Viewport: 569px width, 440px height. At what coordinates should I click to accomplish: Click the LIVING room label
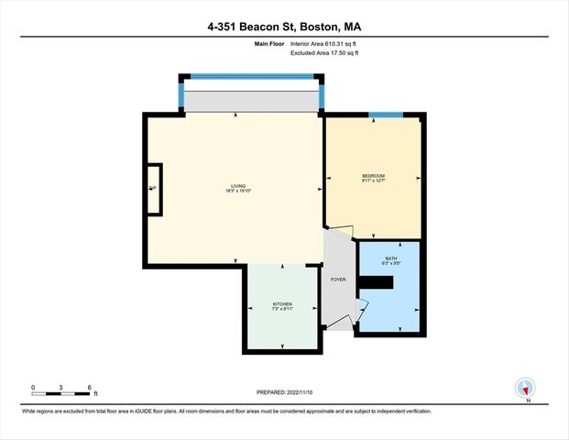tap(238, 185)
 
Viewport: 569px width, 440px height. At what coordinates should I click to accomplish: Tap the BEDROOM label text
tap(373, 175)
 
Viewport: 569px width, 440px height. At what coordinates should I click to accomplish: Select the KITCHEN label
tap(282, 303)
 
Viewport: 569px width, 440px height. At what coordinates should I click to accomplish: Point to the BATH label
tap(390, 258)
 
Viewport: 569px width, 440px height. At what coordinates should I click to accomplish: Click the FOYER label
tap(338, 279)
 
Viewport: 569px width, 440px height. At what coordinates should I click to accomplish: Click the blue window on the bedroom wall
tap(385, 115)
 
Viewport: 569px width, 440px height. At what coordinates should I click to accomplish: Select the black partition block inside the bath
tap(376, 282)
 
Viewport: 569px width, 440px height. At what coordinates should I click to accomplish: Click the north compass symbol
tap(525, 389)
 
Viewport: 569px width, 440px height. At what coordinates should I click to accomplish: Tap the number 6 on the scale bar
tap(89, 388)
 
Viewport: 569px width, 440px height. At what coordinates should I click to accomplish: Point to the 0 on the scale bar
tap(33, 388)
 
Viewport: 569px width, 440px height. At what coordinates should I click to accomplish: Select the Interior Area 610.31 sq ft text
tap(324, 43)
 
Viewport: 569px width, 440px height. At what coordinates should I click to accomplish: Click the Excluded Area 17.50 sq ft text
tap(324, 53)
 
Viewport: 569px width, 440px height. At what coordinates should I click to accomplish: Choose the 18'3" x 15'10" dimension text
tap(238, 191)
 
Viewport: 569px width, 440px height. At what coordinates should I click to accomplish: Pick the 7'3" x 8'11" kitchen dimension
tap(282, 309)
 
